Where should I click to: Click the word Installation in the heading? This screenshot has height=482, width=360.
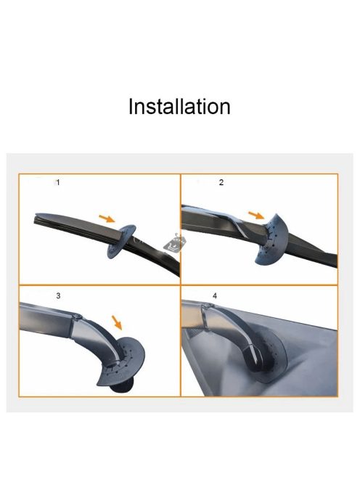tap(179, 107)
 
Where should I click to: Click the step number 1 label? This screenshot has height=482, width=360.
tap(58, 183)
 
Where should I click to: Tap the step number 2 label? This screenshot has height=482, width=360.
tap(221, 182)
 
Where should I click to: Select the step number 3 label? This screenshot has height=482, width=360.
tap(58, 295)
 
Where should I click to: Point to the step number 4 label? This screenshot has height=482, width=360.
tap(215, 295)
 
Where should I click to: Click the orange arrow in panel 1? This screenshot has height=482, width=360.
tap(107, 218)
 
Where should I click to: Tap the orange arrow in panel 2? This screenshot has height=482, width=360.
tap(256, 215)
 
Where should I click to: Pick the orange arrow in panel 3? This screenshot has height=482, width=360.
tap(117, 322)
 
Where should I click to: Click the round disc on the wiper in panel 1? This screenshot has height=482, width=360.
tap(120, 242)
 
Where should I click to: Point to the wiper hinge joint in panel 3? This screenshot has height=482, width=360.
tap(77, 316)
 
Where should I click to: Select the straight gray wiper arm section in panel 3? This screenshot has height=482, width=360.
tap(46, 319)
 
